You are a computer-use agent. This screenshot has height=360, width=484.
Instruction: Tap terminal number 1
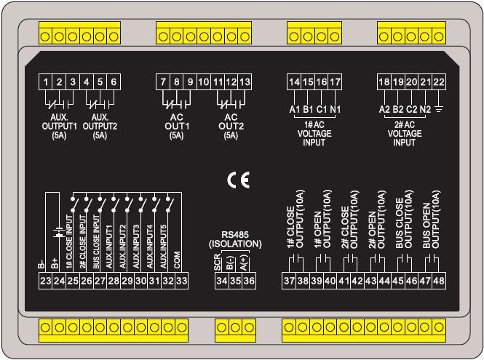46,82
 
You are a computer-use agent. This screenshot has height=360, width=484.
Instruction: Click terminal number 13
245,82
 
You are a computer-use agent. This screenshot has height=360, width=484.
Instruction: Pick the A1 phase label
295,110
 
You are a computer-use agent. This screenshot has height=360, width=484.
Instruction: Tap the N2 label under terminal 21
425,110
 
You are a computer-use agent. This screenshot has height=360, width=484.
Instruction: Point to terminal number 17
335,82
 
